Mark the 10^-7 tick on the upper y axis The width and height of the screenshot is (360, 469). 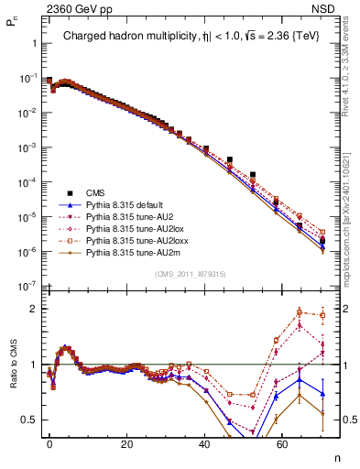(x=27, y=284)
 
